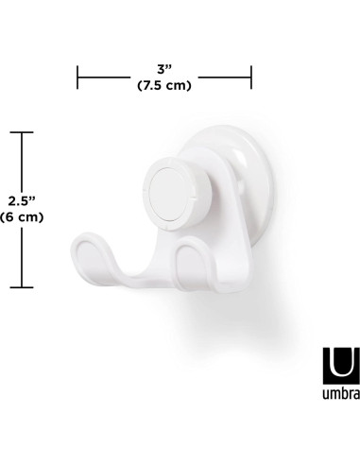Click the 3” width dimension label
[x=164, y=69]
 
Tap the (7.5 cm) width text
[x=164, y=86]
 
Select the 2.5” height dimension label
[x=23, y=200]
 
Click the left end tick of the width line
[x=77, y=77]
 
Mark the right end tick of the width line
[x=251, y=77]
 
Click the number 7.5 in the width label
[x=153, y=86]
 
